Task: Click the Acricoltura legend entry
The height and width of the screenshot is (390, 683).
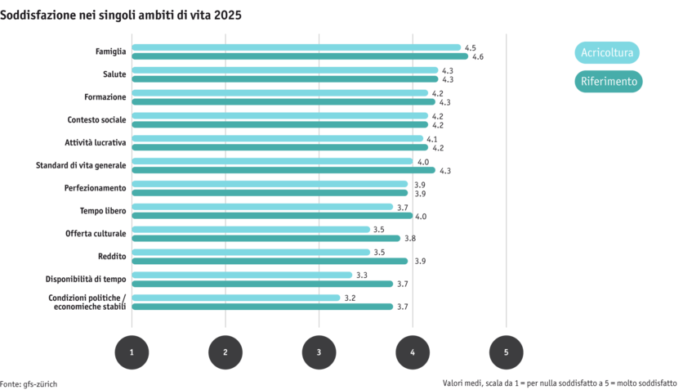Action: point(607,53)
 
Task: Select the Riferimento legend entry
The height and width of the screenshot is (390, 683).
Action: point(609,82)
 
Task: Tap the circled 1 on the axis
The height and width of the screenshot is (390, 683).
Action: point(132,352)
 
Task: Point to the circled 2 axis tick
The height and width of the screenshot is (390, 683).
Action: point(225,352)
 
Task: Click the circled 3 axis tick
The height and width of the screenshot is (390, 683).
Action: point(319,352)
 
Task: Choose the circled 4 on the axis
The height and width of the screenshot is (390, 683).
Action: point(413,352)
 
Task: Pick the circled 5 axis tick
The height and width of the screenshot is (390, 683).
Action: point(507,352)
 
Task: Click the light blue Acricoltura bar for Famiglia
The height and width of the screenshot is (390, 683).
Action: point(296,47)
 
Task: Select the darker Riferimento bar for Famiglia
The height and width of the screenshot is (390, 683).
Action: point(300,56)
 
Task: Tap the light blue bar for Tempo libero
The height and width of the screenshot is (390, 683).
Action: point(262,207)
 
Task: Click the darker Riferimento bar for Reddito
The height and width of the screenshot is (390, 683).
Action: point(270,261)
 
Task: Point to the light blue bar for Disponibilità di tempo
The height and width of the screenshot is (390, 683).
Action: point(242,275)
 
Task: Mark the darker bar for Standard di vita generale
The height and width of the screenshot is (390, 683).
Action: point(283,170)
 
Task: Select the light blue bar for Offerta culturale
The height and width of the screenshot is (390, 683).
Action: point(251,230)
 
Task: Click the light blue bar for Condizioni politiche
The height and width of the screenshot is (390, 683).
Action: point(236,298)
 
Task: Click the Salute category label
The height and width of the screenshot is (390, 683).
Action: point(114,74)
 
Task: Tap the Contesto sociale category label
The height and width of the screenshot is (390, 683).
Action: point(96,120)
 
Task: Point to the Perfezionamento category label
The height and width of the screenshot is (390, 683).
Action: point(95,188)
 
